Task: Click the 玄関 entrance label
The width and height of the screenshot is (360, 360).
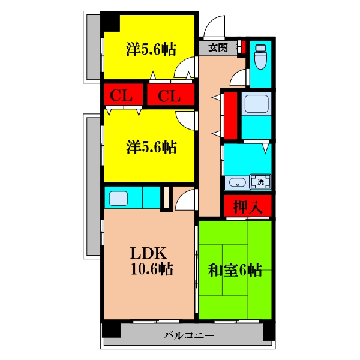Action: click(x=218, y=47)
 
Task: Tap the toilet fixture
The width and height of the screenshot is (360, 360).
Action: click(x=260, y=57)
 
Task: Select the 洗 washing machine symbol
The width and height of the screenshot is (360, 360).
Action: click(x=260, y=182)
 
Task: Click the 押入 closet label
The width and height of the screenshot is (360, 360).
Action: click(x=248, y=206)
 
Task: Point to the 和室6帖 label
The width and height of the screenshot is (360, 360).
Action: click(x=235, y=270)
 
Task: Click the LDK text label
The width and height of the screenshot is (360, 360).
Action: click(x=148, y=253)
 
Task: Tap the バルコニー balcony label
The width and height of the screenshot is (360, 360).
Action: click(x=188, y=335)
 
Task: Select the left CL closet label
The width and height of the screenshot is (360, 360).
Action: click(x=121, y=95)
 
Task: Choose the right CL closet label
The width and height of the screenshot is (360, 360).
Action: click(x=169, y=95)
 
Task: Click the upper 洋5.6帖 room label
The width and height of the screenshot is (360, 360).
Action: click(x=151, y=49)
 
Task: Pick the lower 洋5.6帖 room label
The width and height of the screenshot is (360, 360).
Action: click(x=151, y=147)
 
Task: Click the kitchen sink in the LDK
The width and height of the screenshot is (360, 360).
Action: click(x=118, y=199)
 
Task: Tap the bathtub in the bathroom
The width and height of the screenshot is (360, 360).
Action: click(x=256, y=104)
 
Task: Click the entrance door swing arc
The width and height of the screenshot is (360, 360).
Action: click(x=213, y=26)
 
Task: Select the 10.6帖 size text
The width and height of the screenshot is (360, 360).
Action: click(x=152, y=268)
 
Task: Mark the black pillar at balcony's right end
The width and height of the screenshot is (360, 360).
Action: click(x=269, y=332)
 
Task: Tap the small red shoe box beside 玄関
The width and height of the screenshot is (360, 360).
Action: click(x=244, y=46)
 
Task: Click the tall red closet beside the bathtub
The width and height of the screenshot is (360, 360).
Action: click(x=230, y=115)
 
